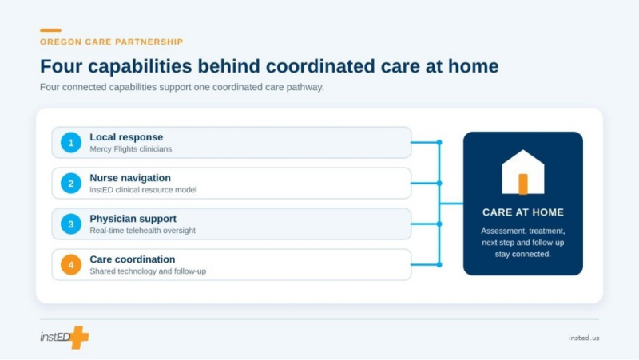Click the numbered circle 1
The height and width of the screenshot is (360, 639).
coord(71,143)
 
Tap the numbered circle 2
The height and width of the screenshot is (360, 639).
coord(71,184)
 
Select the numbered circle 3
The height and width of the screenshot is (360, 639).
coord(71,224)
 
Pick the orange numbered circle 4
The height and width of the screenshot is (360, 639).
coord(71,265)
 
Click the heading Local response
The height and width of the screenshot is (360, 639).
coord(126,137)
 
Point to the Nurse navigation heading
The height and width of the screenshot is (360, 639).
coord(130,178)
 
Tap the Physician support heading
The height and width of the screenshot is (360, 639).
coord(133,219)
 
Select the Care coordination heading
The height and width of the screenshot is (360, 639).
coord(133,259)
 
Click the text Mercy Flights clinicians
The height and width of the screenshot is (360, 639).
coord(131,149)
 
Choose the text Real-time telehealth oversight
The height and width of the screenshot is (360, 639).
coord(143,231)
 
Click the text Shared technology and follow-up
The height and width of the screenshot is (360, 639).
coord(148,271)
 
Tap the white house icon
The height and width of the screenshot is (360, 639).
coord(523,172)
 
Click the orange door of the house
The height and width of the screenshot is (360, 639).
coord(523,184)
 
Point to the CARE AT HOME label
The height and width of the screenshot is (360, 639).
coord(523,212)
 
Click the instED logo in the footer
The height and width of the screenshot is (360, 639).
coord(65,337)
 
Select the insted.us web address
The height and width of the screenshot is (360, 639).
coord(584,338)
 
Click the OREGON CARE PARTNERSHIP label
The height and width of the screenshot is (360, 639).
coord(111,42)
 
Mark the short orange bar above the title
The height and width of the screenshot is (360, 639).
coord(50,30)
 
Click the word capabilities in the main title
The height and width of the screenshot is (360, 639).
coord(140,66)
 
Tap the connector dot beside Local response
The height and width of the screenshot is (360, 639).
coord(439,143)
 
